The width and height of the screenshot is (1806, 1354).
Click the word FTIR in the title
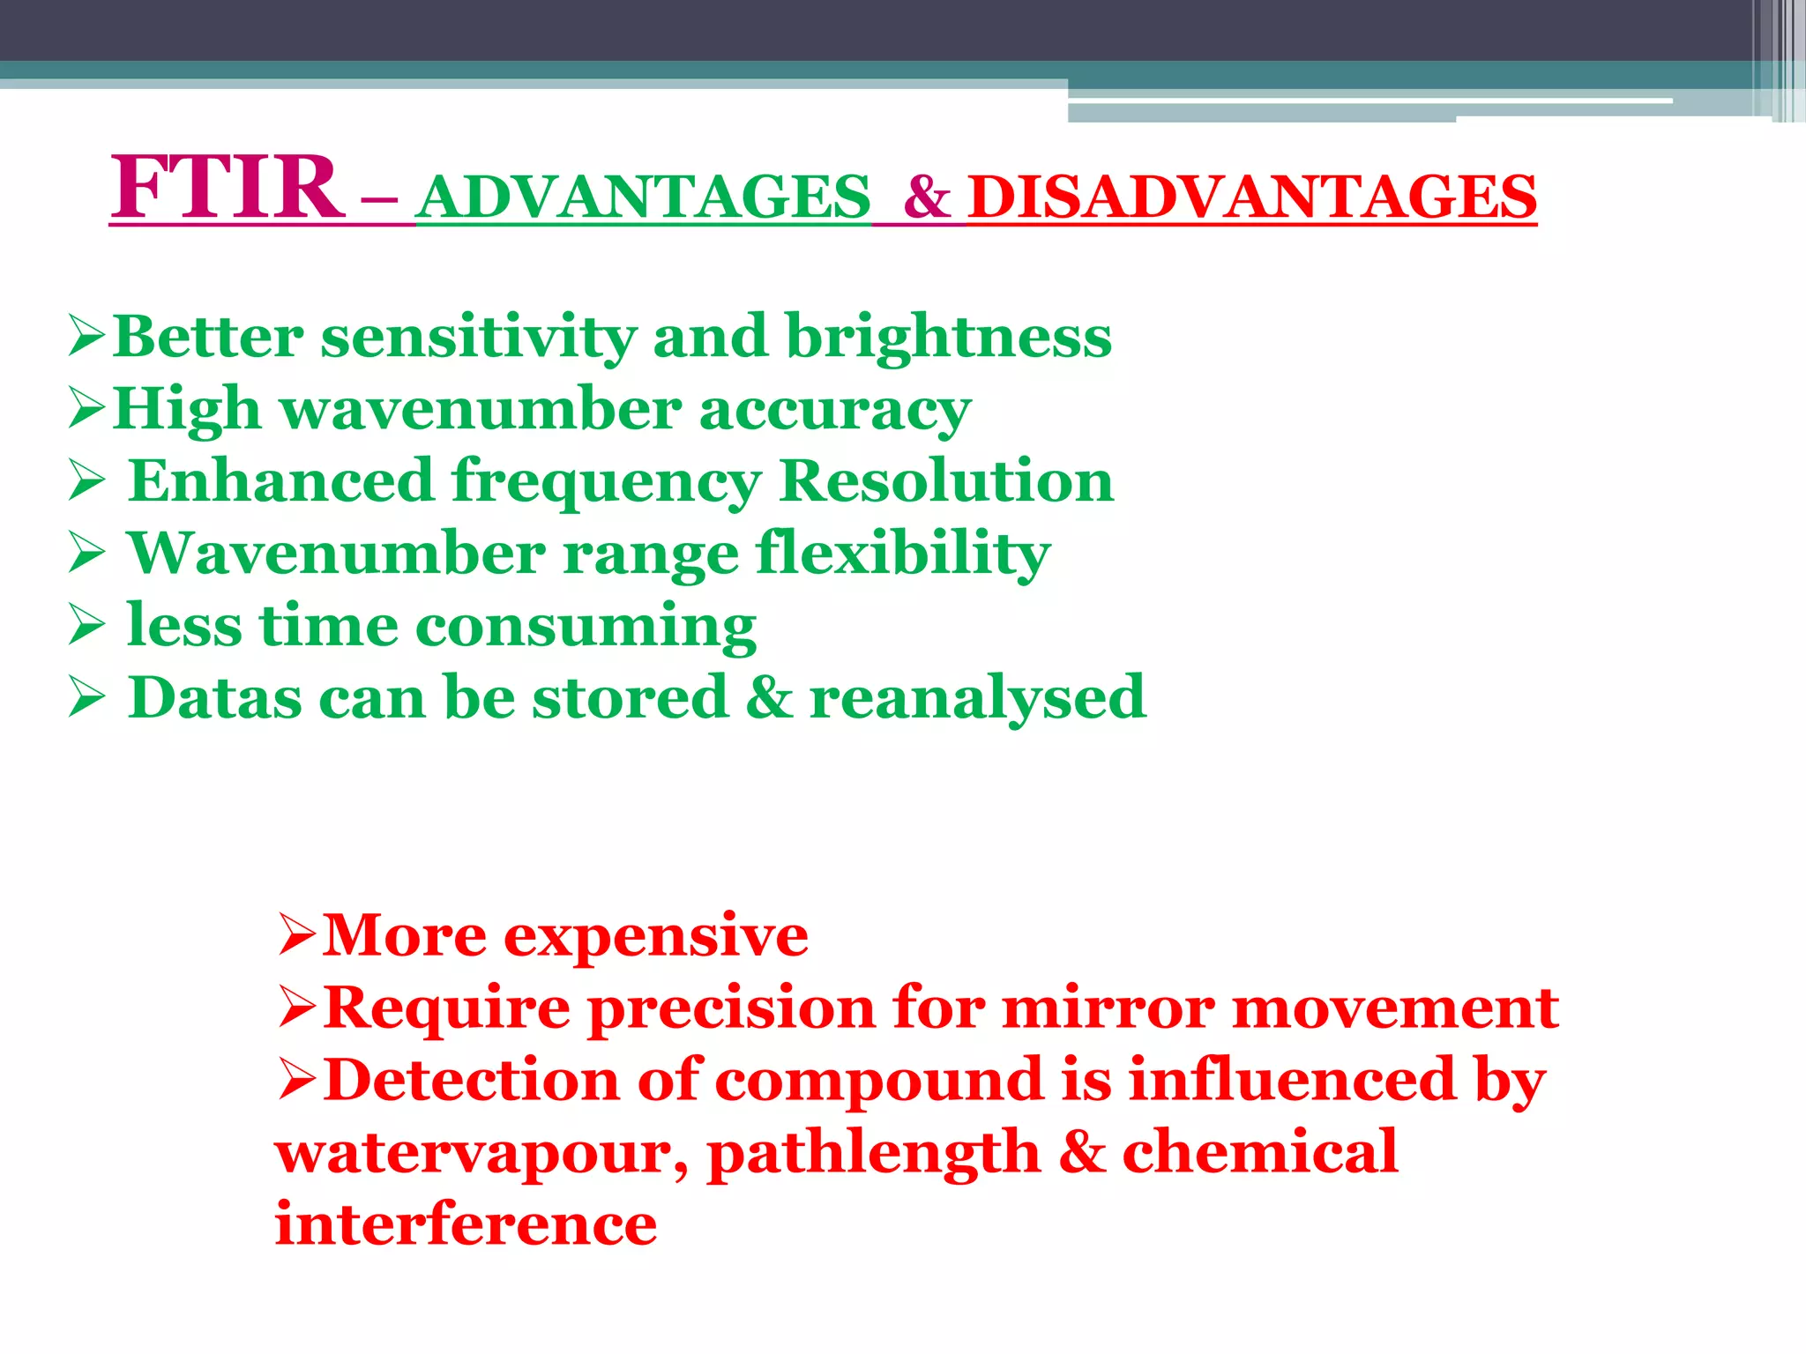227,187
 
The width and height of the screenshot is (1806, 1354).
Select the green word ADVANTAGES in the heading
643,197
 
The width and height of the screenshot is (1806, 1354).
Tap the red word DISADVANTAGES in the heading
1252,197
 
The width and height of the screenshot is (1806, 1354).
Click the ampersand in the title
927,197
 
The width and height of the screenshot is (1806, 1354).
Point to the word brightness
948,338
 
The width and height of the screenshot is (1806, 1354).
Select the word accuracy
834,411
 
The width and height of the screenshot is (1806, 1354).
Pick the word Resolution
946,481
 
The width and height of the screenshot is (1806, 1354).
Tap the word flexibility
903,554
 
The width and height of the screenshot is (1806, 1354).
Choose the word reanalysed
977,698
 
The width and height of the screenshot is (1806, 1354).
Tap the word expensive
655,936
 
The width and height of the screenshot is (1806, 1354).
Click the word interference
466,1224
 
